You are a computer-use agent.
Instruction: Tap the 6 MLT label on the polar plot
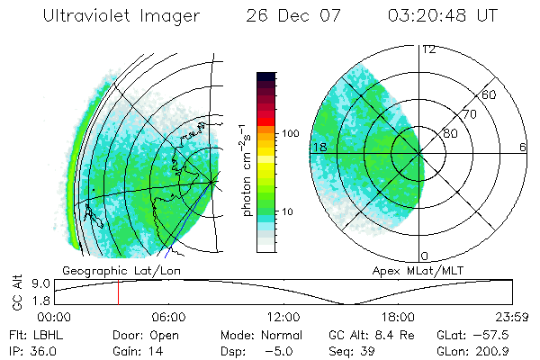[x=523, y=148]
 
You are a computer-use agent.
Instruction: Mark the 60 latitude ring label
[x=489, y=94]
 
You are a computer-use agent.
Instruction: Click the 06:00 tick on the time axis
[x=169, y=316]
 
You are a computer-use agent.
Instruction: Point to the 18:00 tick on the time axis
[x=398, y=316]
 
